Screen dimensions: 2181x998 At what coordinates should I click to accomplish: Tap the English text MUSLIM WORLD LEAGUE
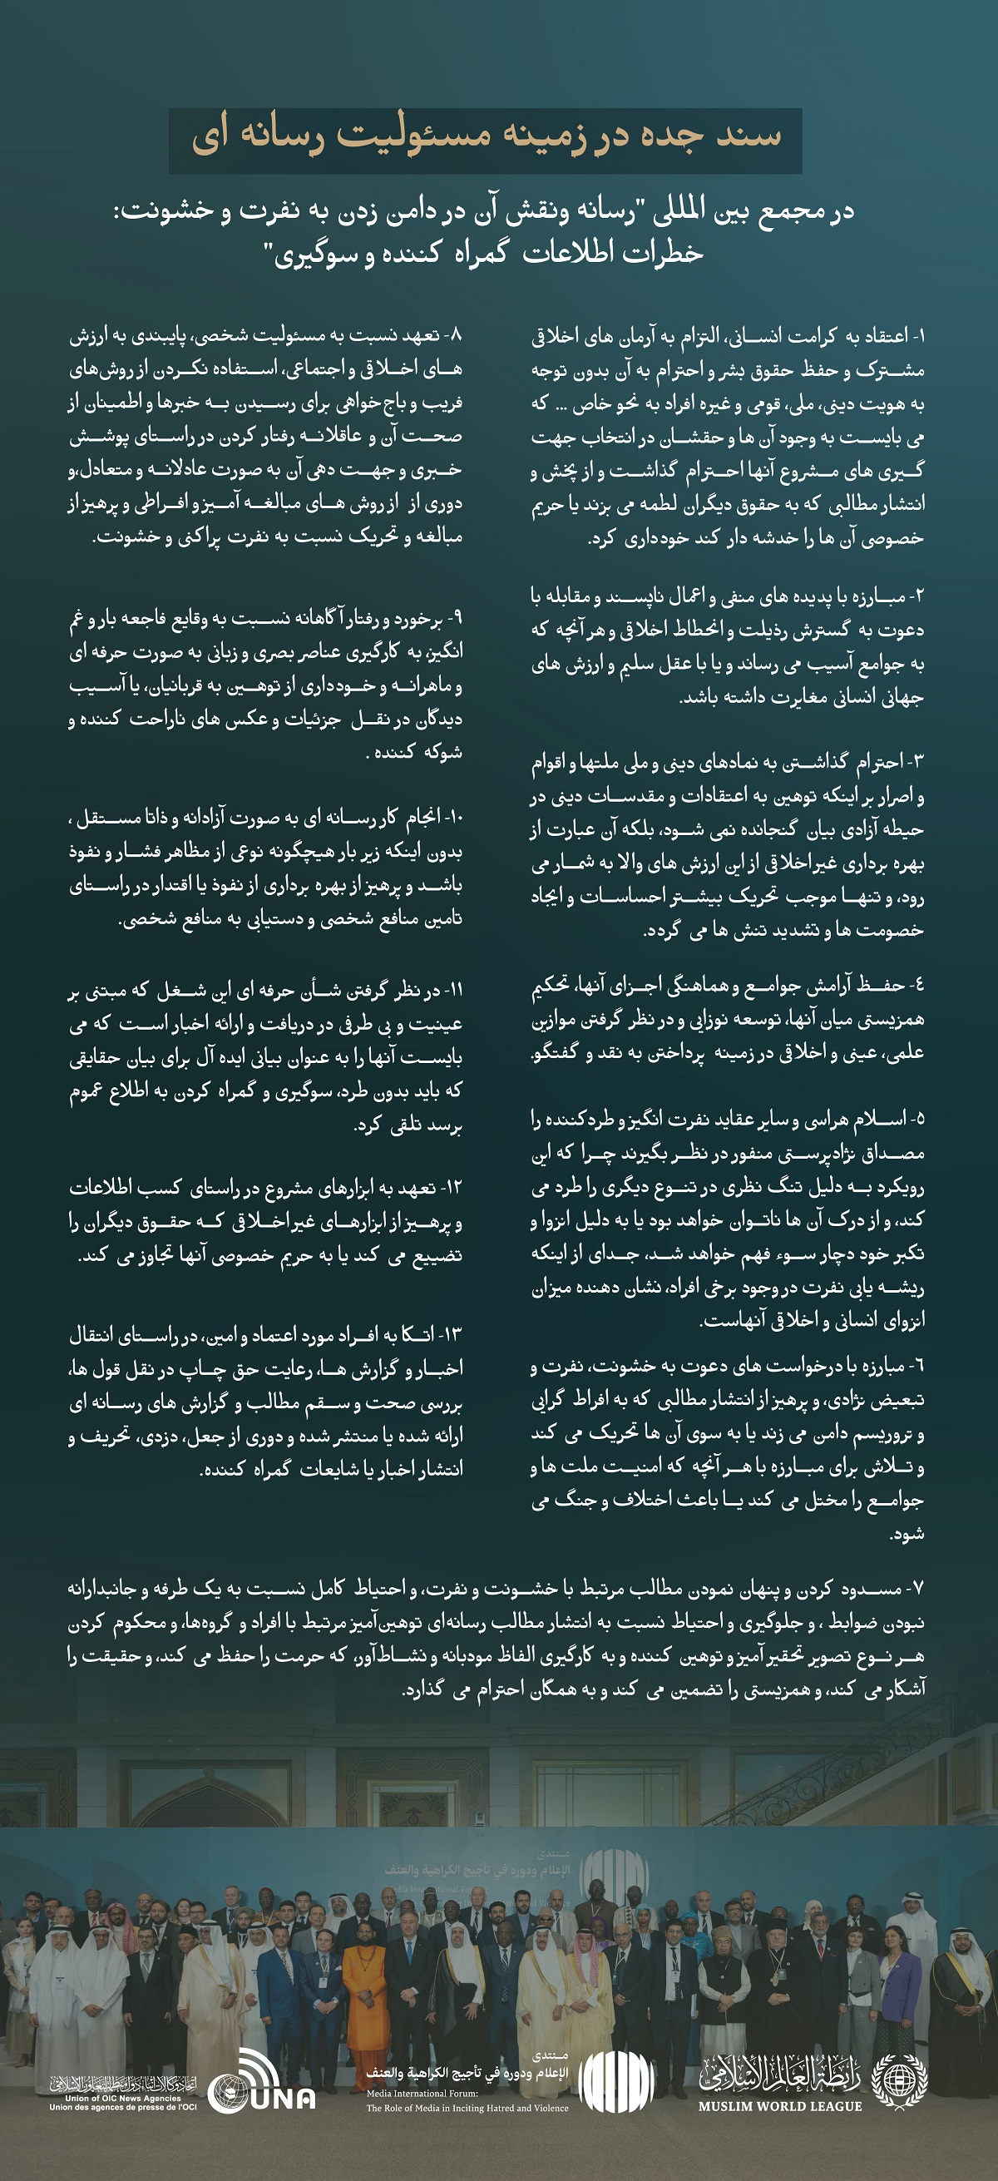point(779,2105)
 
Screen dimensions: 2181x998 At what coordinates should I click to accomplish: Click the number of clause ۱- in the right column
point(916,336)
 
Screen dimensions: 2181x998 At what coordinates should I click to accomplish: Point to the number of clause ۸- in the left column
point(455,335)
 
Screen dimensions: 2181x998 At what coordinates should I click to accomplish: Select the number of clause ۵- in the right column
point(916,1119)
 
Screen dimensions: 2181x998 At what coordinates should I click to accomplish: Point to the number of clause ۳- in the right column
point(916,762)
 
